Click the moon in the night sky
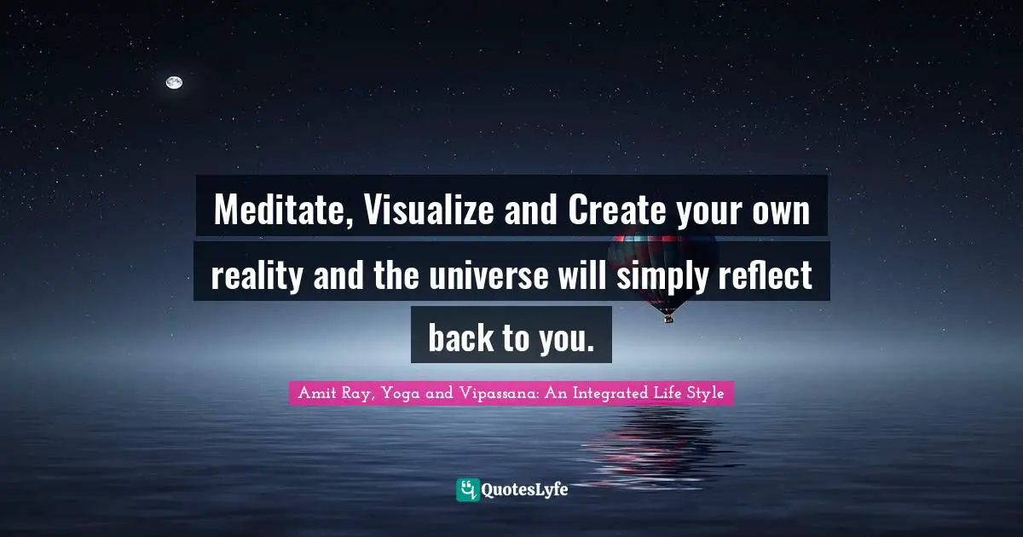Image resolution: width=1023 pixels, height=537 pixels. pyautogui.click(x=174, y=83)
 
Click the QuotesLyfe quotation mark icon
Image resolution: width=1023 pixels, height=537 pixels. pyautogui.click(x=468, y=489)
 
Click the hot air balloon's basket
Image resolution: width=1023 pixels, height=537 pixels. pyautogui.click(x=668, y=318)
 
